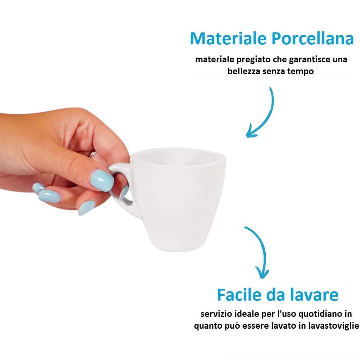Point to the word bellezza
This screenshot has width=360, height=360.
(x=244, y=71)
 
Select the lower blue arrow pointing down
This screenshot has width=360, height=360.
(x=260, y=252)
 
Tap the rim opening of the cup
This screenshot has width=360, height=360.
(x=178, y=158)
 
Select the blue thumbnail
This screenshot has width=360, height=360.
(x=102, y=179)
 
